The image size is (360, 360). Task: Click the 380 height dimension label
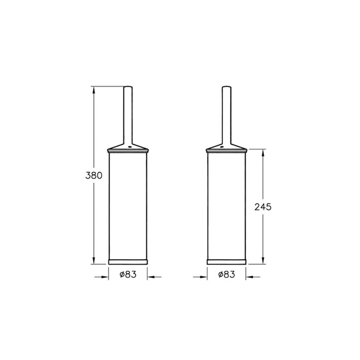pyautogui.click(x=94, y=176)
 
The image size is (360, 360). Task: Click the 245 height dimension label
pyautogui.click(x=263, y=207)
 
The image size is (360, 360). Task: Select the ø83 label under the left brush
pyautogui.click(x=128, y=274)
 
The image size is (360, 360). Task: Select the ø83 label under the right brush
pyautogui.click(x=226, y=274)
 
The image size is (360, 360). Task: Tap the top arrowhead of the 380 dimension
pyautogui.click(x=94, y=90)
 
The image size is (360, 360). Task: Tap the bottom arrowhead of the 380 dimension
pyautogui.click(x=94, y=261)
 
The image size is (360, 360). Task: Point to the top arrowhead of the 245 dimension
pyautogui.click(x=263, y=152)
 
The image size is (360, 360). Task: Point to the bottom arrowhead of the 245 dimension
pyautogui.click(x=263, y=261)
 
